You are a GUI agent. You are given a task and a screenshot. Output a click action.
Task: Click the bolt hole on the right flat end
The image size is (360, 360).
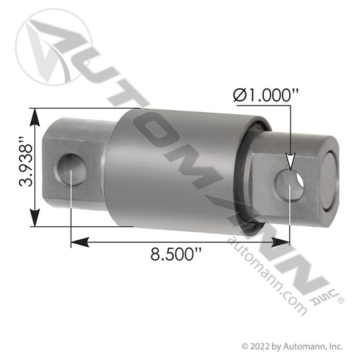[x=289, y=185]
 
